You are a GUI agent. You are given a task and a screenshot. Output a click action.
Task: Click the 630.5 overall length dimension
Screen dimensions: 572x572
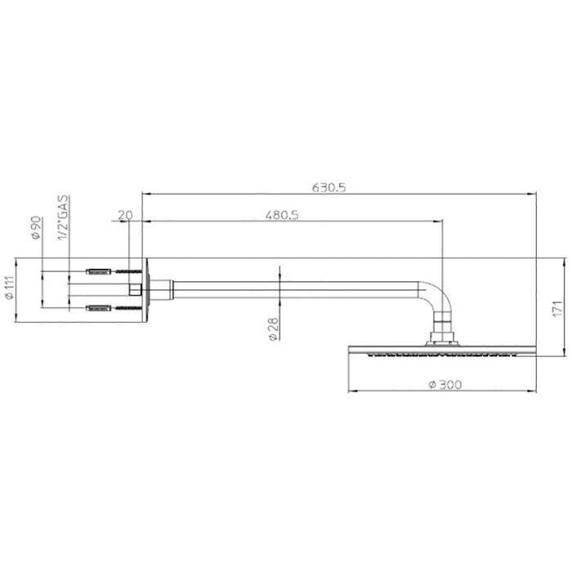tap(331, 186)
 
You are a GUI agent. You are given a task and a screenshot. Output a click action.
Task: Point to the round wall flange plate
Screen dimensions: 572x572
tap(145, 288)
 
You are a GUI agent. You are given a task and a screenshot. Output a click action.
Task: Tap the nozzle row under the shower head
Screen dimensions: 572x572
tap(442, 355)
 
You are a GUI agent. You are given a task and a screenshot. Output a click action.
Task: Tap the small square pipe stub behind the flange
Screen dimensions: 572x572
tap(135, 288)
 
